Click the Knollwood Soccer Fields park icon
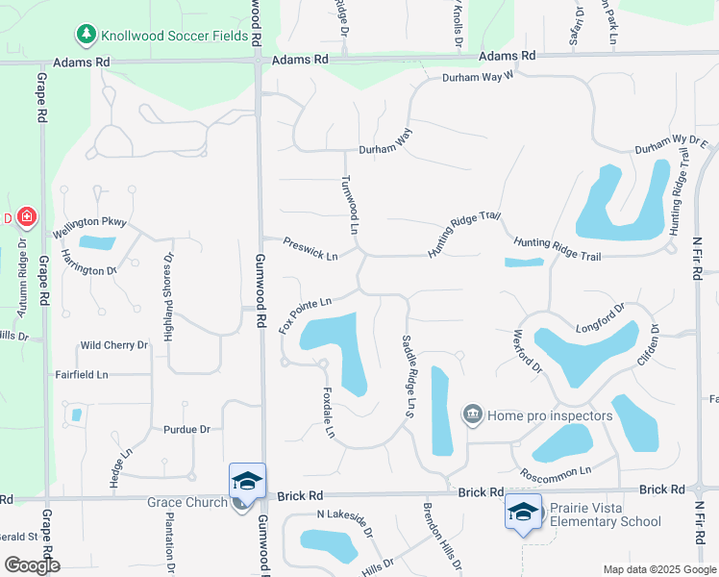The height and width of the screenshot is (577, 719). click(x=87, y=35)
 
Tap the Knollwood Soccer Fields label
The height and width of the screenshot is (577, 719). click(x=168, y=35)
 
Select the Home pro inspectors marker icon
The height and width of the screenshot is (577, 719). click(x=472, y=414)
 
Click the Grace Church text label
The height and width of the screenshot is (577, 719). click(x=186, y=502)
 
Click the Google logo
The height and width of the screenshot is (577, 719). click(x=32, y=565)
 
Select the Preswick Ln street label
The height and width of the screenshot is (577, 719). click(x=310, y=249)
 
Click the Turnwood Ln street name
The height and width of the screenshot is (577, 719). click(x=350, y=205)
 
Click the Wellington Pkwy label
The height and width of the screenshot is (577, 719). click(x=90, y=228)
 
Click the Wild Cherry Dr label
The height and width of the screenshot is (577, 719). click(x=114, y=344)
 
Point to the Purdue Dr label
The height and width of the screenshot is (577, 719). click(x=186, y=429)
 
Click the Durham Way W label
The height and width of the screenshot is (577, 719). click(x=479, y=78)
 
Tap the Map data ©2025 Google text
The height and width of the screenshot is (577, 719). click(x=658, y=569)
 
